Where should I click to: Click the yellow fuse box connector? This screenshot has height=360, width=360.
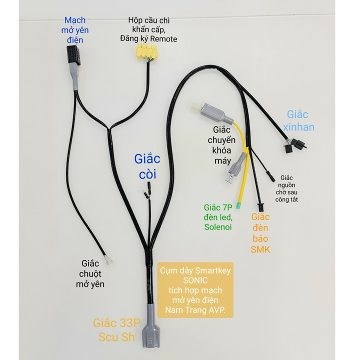pos(146,51)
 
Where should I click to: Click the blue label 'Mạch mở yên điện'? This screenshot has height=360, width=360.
pos(75,29)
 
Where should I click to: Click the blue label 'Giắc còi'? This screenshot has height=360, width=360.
pos(147,166)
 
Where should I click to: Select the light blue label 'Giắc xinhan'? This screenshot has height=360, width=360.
pos(300,120)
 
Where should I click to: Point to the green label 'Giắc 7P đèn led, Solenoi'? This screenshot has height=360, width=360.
pos(217,216)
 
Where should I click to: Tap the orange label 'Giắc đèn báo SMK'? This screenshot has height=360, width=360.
pos(260,232)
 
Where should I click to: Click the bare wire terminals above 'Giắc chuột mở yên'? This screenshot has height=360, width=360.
pos(110,260)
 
